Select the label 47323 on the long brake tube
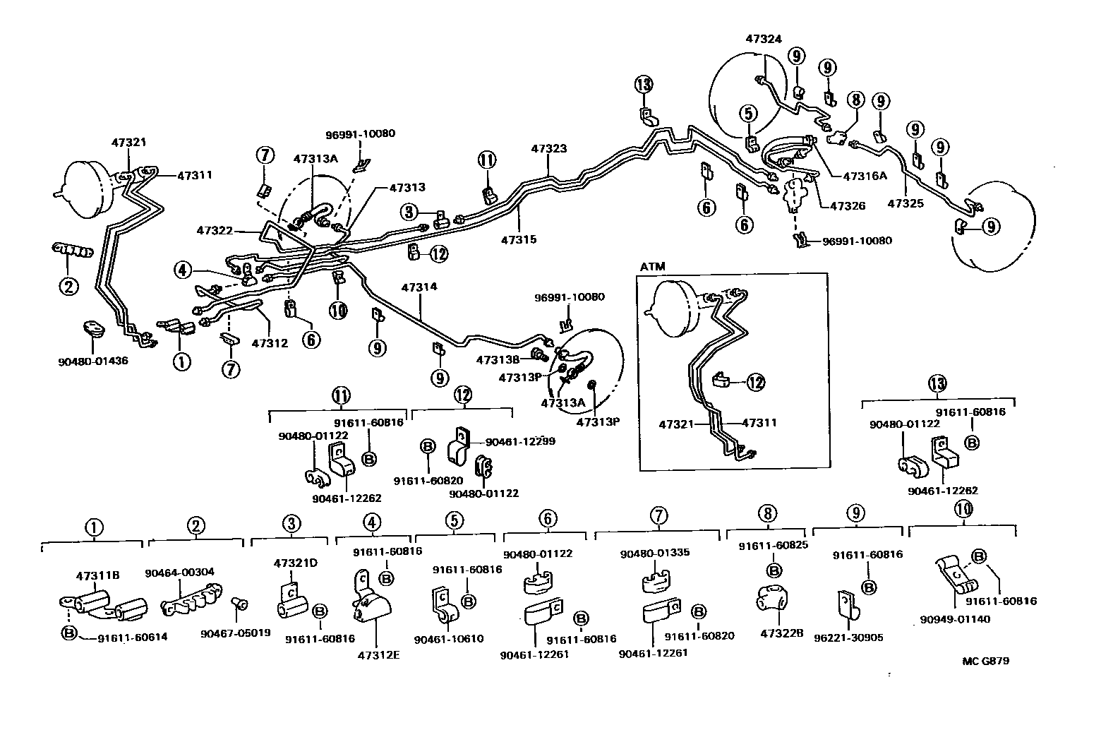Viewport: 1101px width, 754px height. [548, 149]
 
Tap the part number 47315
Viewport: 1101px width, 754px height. [519, 239]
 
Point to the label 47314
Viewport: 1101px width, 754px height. [419, 287]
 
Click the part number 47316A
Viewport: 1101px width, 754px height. [862, 176]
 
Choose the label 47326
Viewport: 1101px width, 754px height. [848, 206]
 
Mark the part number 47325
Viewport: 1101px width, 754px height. [906, 203]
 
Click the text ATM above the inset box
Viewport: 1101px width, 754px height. [652, 267]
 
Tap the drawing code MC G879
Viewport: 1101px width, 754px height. [985, 662]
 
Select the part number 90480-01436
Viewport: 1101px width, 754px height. [92, 361]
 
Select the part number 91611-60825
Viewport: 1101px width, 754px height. [773, 545]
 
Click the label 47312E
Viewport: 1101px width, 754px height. [378, 654]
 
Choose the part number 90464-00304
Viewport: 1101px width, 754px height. [179, 572]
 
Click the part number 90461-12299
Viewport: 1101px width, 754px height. [520, 441]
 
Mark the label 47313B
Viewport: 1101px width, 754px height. [498, 359]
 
